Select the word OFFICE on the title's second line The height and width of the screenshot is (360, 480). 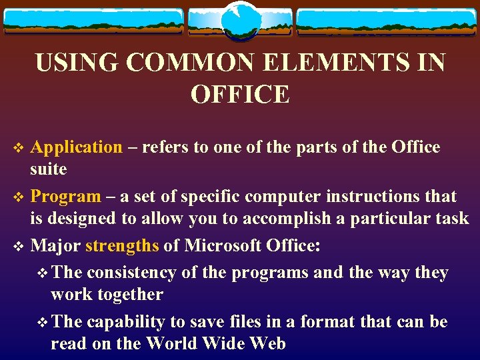tap(240, 95)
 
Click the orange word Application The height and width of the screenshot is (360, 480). tap(77, 147)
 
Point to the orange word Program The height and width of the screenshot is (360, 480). tap(65, 197)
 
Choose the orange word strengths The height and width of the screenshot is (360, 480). tap(122, 245)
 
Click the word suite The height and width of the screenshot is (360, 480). tap(49, 169)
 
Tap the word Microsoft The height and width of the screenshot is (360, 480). tap(225, 245)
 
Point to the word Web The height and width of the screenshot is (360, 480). tap(267, 344)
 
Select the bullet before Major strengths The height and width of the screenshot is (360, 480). tap(19, 246)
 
